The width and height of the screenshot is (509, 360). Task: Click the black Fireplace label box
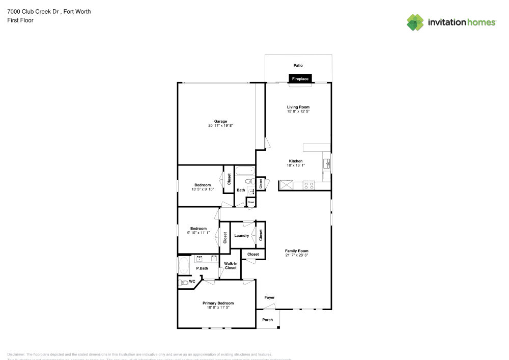tap(300, 79)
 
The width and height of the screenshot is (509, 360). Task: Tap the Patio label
tap(298, 65)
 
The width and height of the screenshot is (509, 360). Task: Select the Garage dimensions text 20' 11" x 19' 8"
tap(220, 125)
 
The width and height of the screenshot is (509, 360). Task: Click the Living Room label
tap(298, 107)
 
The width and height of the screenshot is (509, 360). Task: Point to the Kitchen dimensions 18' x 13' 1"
tap(296, 165)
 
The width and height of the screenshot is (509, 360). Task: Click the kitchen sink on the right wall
tap(327, 163)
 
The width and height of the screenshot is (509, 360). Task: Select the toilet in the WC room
tap(183, 282)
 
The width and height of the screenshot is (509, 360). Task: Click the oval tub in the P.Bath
tap(184, 265)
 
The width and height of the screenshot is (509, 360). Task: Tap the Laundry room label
tap(241, 235)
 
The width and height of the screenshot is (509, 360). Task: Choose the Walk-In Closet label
tap(231, 265)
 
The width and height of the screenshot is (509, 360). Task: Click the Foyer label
tap(269, 297)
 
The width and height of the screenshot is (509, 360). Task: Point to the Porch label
tap(267, 320)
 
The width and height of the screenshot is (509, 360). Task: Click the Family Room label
tap(296, 251)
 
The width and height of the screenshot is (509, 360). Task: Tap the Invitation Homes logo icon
tap(415, 22)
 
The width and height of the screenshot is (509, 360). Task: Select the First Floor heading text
tap(20, 20)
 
